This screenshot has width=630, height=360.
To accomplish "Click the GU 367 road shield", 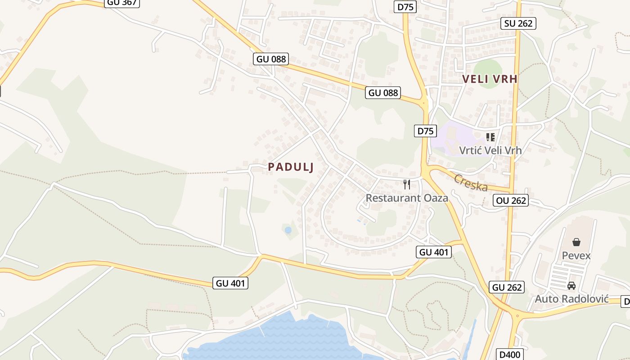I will pyautogui.click(x=122, y=3).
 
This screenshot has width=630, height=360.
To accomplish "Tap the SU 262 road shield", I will pyautogui.click(x=518, y=23).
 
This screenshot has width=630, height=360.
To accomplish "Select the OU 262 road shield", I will pyautogui.click(x=511, y=200).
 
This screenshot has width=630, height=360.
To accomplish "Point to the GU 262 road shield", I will pyautogui.click(x=507, y=287).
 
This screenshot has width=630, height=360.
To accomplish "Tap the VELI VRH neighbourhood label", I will pyautogui.click(x=490, y=79).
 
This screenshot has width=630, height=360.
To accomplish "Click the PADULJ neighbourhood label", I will pyautogui.click(x=291, y=167).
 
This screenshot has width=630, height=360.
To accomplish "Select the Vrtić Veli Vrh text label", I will pyautogui.click(x=490, y=150).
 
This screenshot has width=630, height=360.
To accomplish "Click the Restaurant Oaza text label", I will pyautogui.click(x=407, y=198).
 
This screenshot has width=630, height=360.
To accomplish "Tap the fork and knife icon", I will pyautogui.click(x=407, y=184).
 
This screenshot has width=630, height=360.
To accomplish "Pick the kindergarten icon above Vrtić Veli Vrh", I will pyautogui.click(x=490, y=137).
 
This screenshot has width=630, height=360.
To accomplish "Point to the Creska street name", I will pyautogui.click(x=471, y=183).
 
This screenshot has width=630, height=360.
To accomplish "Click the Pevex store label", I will pyautogui.click(x=576, y=256).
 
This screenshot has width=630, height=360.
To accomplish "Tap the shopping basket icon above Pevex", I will pyautogui.click(x=576, y=243).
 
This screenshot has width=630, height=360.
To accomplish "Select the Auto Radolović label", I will pyautogui.click(x=571, y=299).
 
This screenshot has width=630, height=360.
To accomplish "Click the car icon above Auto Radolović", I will pyautogui.click(x=571, y=285).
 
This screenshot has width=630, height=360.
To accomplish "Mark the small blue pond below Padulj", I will pyautogui.click(x=288, y=230).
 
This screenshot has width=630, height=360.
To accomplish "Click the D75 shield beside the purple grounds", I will pyautogui.click(x=425, y=131).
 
